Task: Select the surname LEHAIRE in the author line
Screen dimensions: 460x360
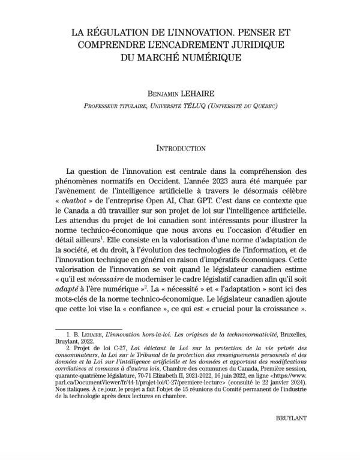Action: pos(204,94)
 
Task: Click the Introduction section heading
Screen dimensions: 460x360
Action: pos(181,148)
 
